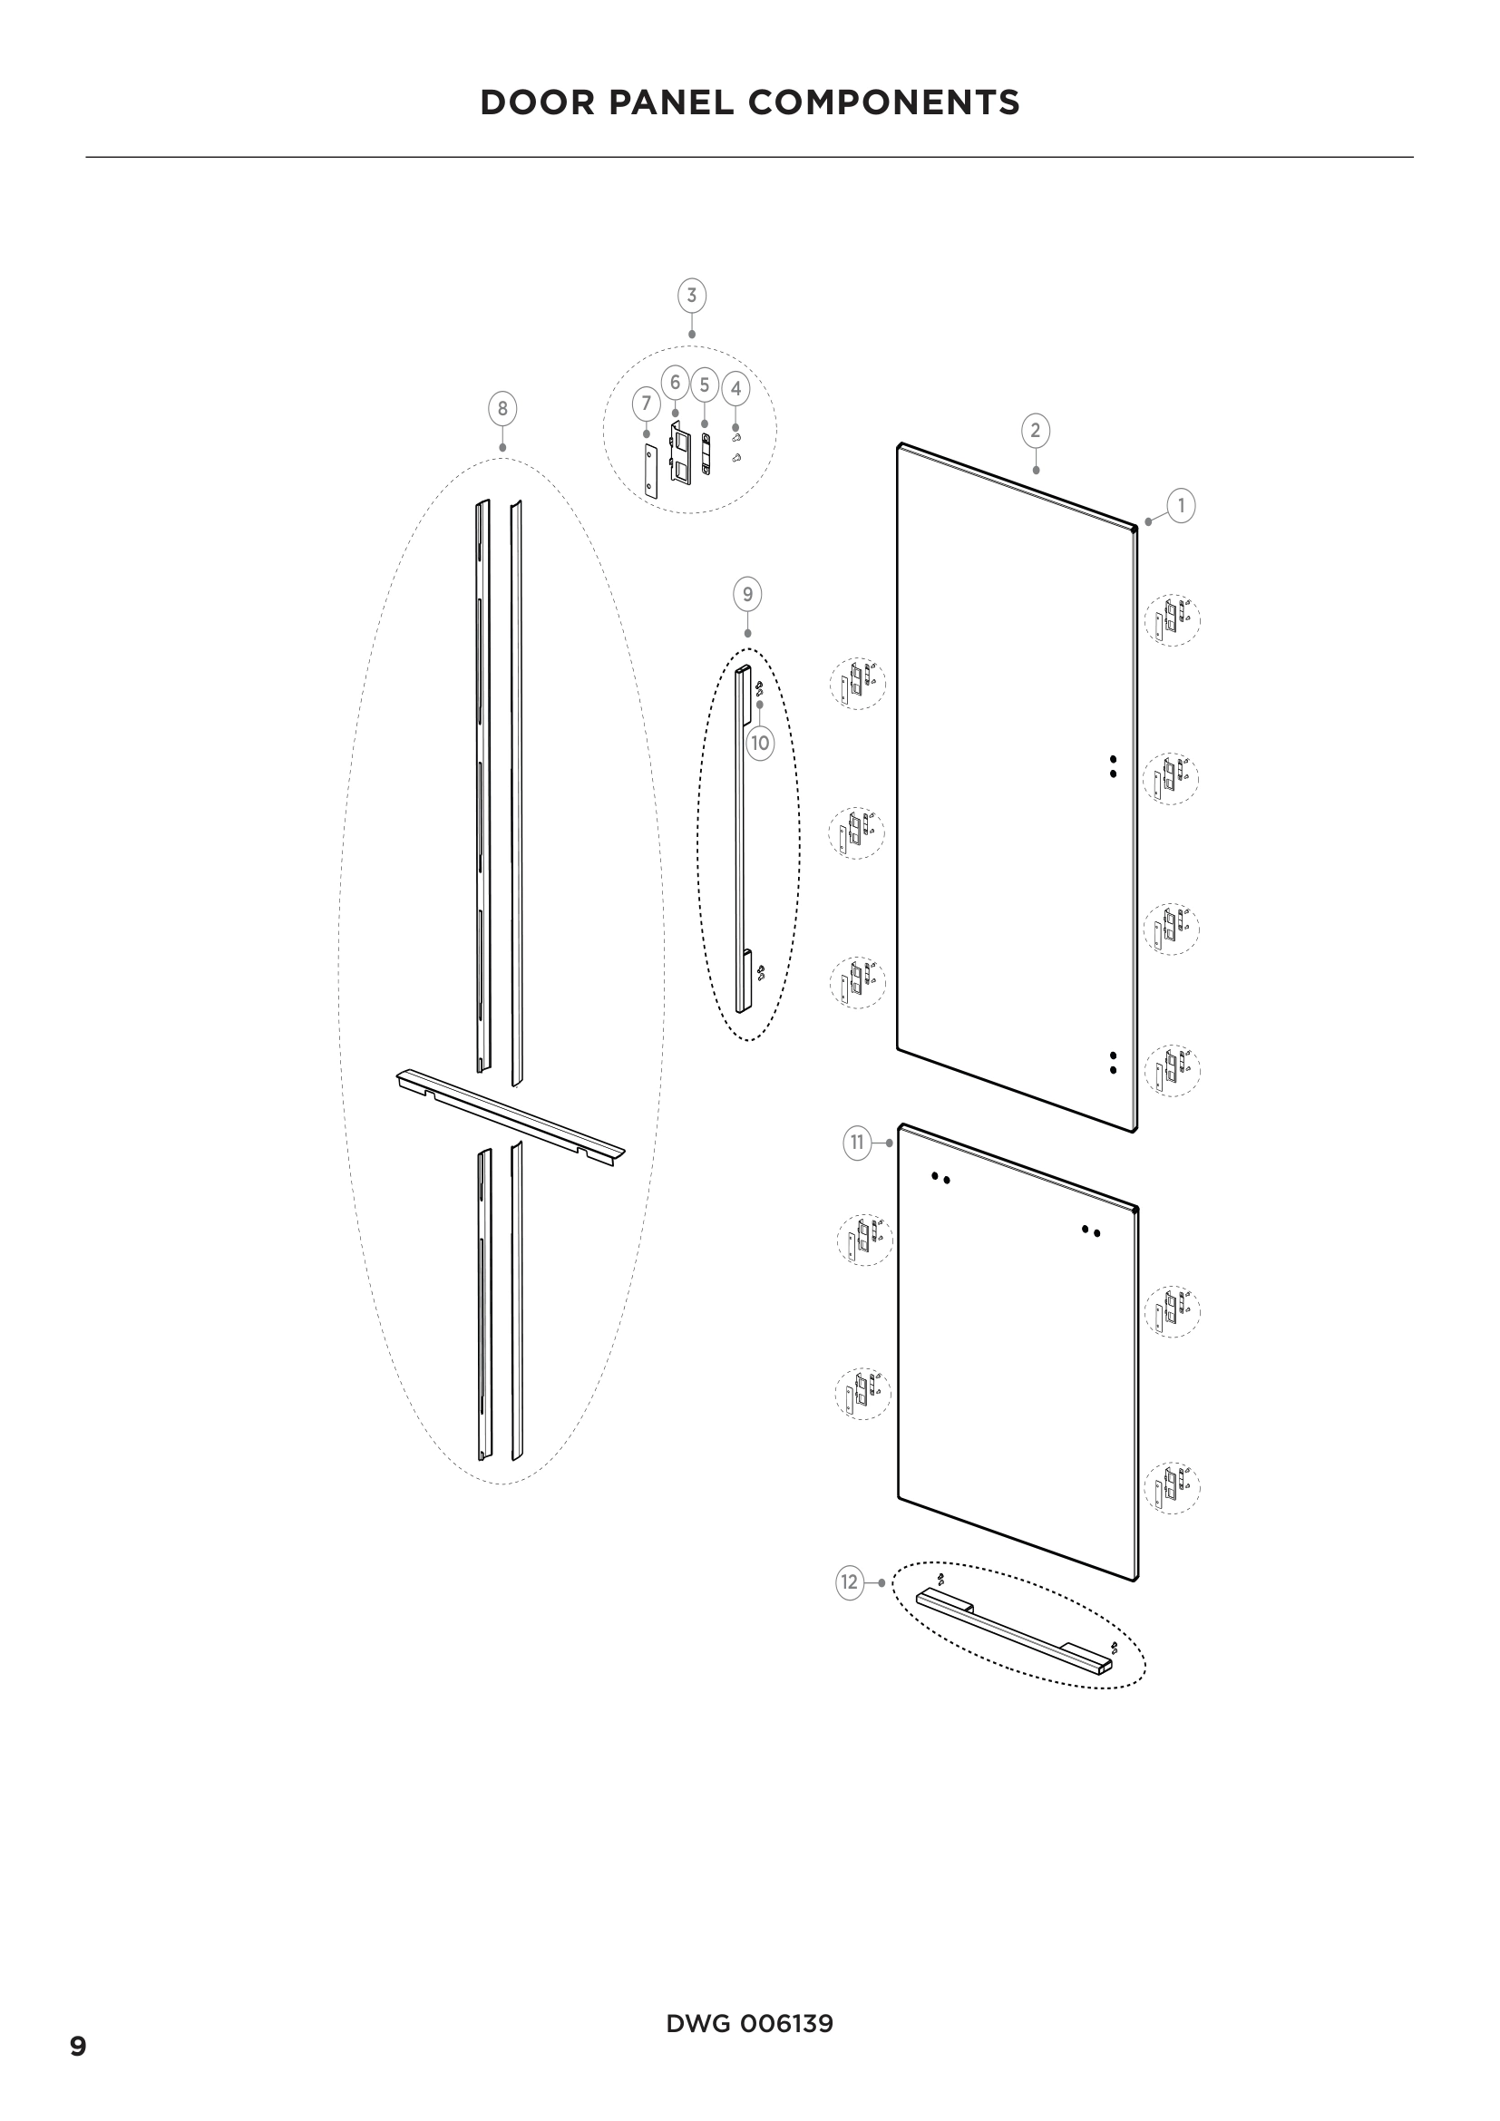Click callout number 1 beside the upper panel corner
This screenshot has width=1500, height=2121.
pos(1181,505)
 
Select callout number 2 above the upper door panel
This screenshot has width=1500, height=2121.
pos(1035,430)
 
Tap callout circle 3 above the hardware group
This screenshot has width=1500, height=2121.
pos(691,296)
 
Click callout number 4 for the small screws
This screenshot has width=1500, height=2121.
pos(735,389)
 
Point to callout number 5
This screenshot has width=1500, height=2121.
pos(704,384)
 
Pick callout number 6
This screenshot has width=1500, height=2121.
pos(676,383)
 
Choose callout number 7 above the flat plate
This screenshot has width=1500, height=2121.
pos(646,403)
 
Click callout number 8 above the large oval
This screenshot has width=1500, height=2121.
pos(502,408)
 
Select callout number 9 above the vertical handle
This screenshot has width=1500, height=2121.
pos(747,594)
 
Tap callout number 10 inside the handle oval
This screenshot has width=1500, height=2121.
pos(759,743)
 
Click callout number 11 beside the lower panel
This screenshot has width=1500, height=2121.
pos(857,1143)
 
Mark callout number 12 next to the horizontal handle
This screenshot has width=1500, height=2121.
pos(850,1582)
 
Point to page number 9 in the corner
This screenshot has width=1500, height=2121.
pos(79,2048)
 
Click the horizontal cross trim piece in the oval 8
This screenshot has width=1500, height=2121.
pos(511,1119)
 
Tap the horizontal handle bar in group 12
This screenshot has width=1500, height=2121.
pos(1014,1631)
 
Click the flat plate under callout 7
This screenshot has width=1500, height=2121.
pos(650,472)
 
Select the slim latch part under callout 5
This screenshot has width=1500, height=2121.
pos(706,453)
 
